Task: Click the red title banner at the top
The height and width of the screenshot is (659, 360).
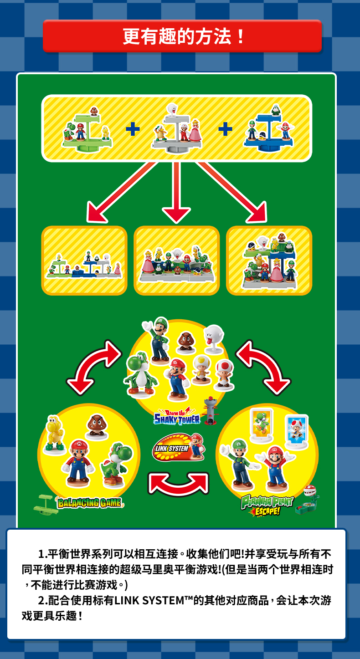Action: click(x=182, y=36)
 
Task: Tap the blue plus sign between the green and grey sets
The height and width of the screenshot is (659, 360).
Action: click(x=133, y=129)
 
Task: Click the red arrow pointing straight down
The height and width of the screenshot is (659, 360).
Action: click(x=176, y=191)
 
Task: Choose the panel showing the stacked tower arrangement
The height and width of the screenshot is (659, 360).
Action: click(x=269, y=260)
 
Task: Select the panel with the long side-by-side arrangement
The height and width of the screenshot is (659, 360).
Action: click(x=84, y=261)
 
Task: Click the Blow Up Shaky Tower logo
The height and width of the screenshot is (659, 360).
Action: click(x=177, y=416)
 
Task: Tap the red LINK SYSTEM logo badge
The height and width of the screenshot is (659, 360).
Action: click(x=171, y=448)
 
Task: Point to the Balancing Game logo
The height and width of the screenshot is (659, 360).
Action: click(x=89, y=503)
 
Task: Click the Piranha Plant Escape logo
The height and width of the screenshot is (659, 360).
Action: click(x=267, y=505)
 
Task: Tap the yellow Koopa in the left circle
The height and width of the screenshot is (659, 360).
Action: click(x=54, y=435)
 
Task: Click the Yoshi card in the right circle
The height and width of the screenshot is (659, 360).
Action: click(x=261, y=425)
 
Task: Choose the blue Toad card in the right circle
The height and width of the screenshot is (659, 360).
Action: click(x=297, y=430)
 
